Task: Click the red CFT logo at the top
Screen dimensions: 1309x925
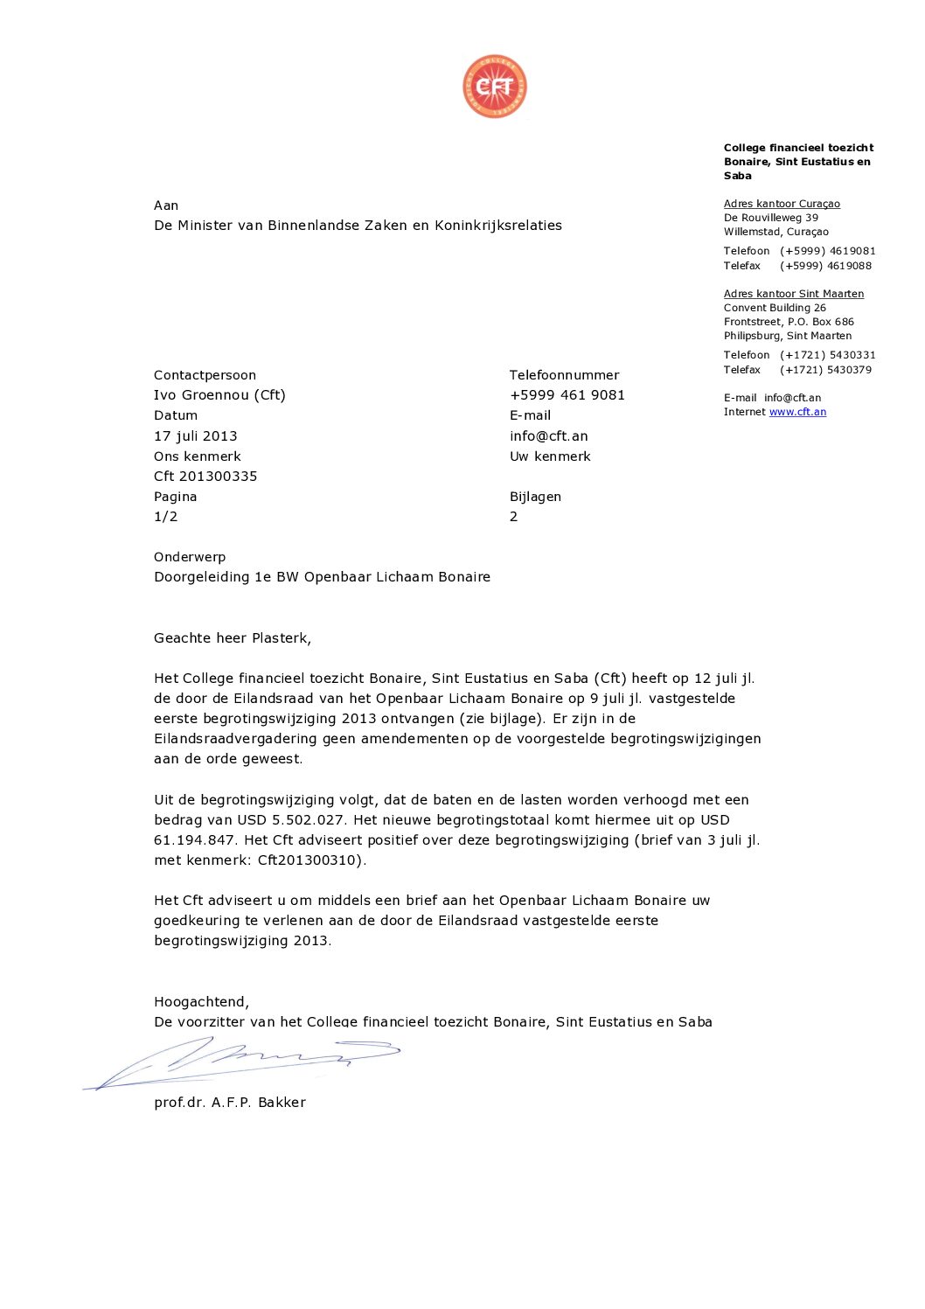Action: (495, 86)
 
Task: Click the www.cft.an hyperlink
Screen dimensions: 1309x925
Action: (797, 412)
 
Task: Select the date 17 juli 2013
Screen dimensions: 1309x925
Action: (195, 435)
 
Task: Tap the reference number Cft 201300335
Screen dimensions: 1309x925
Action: (205, 476)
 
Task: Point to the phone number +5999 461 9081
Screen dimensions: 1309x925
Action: (567, 394)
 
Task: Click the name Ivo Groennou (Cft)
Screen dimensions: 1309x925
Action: (219, 394)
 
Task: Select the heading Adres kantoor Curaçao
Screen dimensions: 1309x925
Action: (782, 204)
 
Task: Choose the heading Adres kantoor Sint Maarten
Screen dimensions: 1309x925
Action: (793, 294)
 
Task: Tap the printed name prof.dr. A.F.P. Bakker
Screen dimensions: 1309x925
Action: (230, 1102)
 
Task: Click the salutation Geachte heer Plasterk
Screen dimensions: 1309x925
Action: (232, 637)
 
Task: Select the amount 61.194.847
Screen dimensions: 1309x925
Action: (194, 839)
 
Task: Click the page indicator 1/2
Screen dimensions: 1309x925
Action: (165, 516)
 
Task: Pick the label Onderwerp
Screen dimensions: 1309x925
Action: (190, 556)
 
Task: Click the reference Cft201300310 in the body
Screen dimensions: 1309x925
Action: (309, 860)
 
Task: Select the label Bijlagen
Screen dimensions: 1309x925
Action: (535, 496)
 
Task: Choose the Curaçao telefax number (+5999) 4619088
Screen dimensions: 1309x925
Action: (825, 266)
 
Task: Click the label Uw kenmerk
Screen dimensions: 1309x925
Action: (550, 456)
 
